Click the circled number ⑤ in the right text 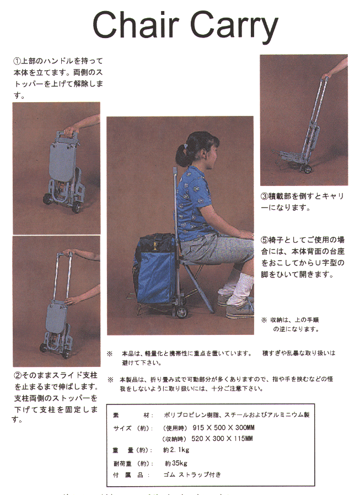(264, 240)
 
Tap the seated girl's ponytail (181, 150)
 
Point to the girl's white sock (241, 287)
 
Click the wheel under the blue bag (180, 313)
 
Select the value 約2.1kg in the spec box (176, 450)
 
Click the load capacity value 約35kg (176, 463)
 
